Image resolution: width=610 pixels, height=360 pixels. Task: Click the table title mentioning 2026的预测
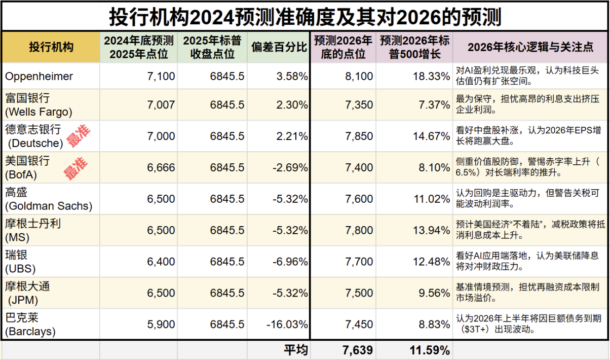[305, 17]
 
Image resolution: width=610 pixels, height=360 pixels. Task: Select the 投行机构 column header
[51, 47]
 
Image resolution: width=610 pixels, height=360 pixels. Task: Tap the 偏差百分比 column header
[279, 47]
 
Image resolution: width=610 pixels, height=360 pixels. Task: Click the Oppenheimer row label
[39, 77]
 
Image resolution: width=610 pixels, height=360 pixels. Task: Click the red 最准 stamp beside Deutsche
[78, 136]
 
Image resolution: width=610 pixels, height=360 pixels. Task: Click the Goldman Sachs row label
[48, 199]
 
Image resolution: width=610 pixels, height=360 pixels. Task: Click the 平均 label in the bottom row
[295, 350]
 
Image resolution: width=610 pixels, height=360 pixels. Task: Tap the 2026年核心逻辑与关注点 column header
[530, 47]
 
